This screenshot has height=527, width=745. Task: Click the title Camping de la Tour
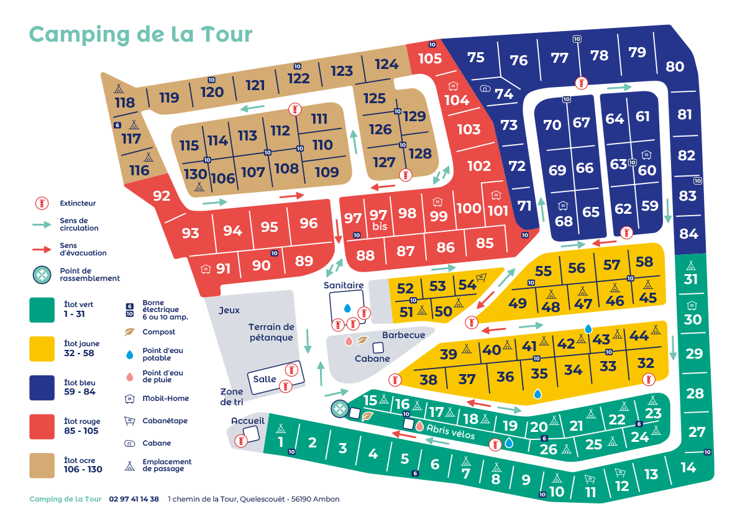click(141, 34)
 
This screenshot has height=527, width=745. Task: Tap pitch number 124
click(386, 64)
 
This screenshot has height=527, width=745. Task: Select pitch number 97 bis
click(378, 220)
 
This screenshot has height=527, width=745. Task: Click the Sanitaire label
click(343, 285)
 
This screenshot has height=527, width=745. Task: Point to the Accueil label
click(248, 421)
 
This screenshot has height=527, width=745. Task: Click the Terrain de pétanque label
click(271, 332)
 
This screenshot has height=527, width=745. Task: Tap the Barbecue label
click(403, 335)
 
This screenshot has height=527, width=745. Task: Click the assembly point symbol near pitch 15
click(339, 409)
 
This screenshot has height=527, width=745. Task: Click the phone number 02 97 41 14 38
click(134, 499)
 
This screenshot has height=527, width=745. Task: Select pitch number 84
click(688, 234)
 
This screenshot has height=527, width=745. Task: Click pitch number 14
click(688, 467)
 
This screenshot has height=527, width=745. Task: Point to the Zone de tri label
click(232, 396)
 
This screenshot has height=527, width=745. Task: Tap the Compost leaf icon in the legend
click(129, 332)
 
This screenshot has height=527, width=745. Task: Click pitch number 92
click(162, 196)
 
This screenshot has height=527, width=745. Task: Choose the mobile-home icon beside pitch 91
click(206, 269)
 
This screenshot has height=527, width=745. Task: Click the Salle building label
click(265, 379)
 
